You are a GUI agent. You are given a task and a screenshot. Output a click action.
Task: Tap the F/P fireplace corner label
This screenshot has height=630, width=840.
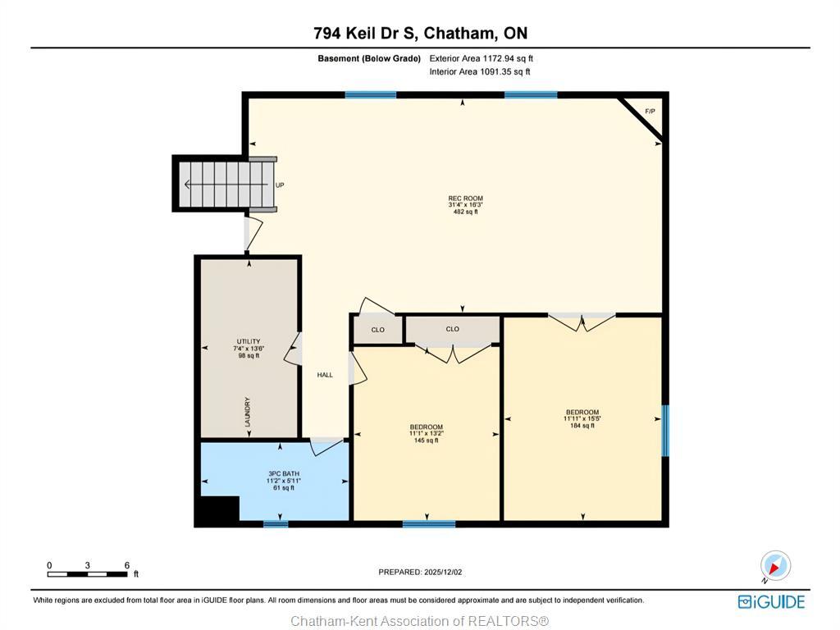coord(650,111)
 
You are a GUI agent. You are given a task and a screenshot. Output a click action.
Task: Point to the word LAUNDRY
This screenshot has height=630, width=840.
coord(247,412)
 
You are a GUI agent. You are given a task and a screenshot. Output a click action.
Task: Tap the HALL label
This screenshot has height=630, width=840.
coord(325,375)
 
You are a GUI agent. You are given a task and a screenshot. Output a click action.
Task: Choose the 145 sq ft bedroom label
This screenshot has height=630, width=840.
coord(426,433)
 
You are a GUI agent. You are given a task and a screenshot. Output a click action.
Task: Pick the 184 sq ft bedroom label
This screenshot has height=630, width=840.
coord(582,418)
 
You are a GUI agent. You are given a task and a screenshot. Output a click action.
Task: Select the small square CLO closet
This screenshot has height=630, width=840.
coord(377,330)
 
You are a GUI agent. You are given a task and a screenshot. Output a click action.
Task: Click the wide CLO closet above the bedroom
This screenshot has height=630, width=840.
coord(453,329)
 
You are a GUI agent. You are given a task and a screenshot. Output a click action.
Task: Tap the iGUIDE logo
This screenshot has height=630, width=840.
coord(771,601)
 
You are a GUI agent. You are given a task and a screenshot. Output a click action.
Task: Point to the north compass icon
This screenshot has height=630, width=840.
coord(774,565)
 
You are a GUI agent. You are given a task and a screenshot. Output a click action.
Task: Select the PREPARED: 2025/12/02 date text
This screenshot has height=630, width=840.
coord(426,572)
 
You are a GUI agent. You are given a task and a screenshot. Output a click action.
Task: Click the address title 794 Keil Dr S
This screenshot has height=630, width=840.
coord(420,34)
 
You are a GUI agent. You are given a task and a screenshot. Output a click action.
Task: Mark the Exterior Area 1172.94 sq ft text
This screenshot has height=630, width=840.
coord(482,58)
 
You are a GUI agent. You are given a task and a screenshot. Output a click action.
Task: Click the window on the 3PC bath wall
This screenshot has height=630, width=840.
coord(276,523)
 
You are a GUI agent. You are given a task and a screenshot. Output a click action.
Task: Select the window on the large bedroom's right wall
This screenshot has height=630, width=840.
coord(665,430)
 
